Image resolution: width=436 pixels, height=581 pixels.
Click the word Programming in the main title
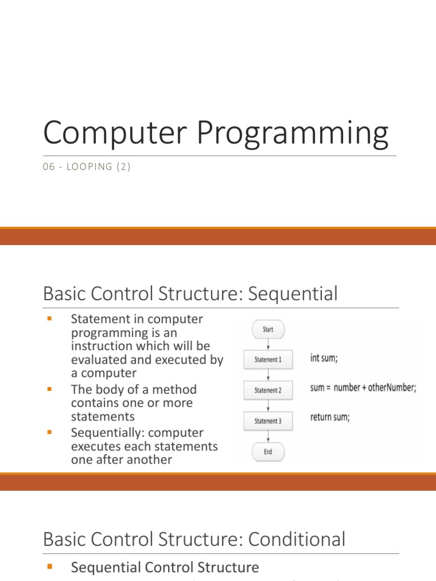pos(294,134)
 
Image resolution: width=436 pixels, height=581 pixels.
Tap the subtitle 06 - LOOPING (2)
pos(87,167)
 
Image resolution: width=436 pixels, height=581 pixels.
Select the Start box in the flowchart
pos(267,329)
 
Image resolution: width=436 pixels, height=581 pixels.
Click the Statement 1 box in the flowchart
pos(266,360)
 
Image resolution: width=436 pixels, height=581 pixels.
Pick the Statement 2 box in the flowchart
pos(266,390)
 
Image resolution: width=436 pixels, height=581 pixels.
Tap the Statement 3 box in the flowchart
pos(266,421)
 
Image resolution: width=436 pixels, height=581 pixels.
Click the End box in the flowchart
pos(267,452)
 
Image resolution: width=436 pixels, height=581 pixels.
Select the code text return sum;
pos(330,418)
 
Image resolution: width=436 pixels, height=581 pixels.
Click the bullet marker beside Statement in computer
pos(49,319)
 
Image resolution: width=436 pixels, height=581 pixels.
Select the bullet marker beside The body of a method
pos(49,390)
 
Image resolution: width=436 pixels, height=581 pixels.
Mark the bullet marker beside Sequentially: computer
pos(49,433)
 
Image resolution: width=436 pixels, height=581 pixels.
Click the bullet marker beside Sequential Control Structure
pos(49,567)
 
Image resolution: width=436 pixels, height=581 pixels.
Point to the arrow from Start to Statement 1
pos(267,344)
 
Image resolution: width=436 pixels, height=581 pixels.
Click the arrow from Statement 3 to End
pos(267,436)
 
